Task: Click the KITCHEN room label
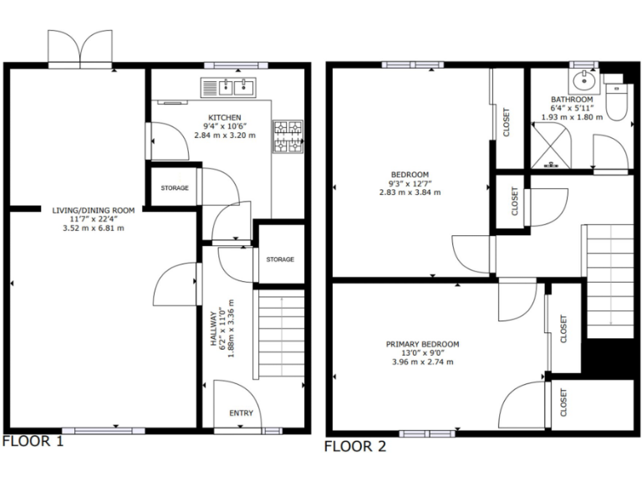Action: tap(225, 117)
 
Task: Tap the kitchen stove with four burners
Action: tap(288, 136)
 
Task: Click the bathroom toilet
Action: tap(617, 101)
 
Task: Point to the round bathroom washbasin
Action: tap(583, 82)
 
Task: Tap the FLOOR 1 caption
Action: tap(33, 441)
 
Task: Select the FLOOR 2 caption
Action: tap(355, 446)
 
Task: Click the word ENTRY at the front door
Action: tap(241, 413)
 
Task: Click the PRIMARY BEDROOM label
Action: tap(422, 344)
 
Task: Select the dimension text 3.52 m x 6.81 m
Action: tap(93, 228)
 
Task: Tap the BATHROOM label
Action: tap(572, 100)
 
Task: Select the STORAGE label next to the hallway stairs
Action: tap(280, 259)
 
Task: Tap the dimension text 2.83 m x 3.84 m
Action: tap(409, 192)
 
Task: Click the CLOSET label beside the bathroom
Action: tap(507, 123)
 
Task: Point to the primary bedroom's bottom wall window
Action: tap(426, 433)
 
